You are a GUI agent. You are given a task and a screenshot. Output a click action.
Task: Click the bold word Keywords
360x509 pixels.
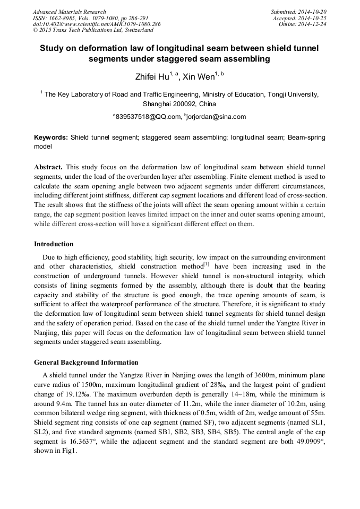51,137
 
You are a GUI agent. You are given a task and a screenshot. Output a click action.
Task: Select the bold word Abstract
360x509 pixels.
48,167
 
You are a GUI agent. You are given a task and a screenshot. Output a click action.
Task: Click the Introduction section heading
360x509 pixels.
54,244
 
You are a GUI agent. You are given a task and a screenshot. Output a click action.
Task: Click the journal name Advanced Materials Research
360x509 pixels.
69,12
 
